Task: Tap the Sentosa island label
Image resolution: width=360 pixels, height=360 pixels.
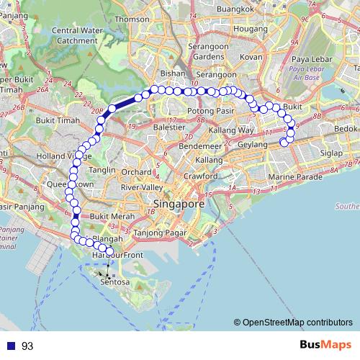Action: click(x=115, y=282)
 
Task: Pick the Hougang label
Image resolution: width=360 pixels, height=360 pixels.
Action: click(x=251, y=29)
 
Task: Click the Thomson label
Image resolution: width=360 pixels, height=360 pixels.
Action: click(x=132, y=19)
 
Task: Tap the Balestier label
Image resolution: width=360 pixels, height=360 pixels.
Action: click(x=169, y=127)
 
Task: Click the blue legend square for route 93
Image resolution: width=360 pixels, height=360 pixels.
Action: click(x=9, y=346)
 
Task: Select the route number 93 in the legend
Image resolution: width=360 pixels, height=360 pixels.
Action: click(x=27, y=346)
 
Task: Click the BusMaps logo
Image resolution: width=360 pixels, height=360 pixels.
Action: click(x=328, y=346)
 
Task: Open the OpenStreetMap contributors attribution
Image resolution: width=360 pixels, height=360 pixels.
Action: click(x=292, y=322)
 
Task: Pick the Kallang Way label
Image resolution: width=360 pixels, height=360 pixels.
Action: click(x=230, y=130)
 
